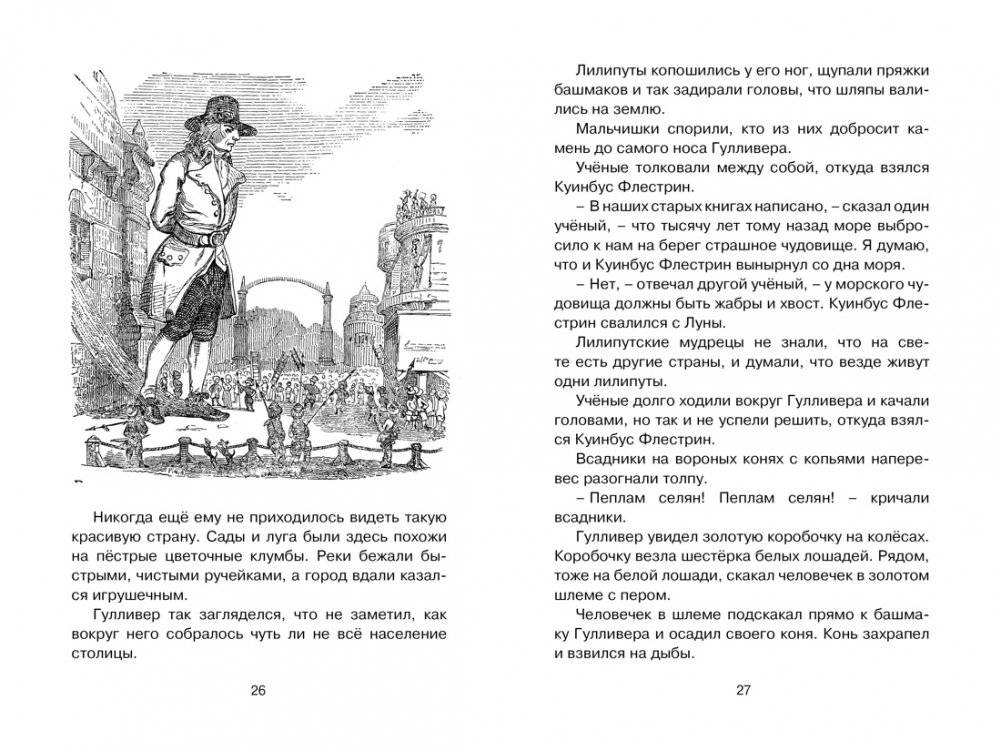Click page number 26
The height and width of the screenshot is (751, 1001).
click(x=257, y=690)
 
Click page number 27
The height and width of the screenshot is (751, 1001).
click(x=741, y=690)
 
